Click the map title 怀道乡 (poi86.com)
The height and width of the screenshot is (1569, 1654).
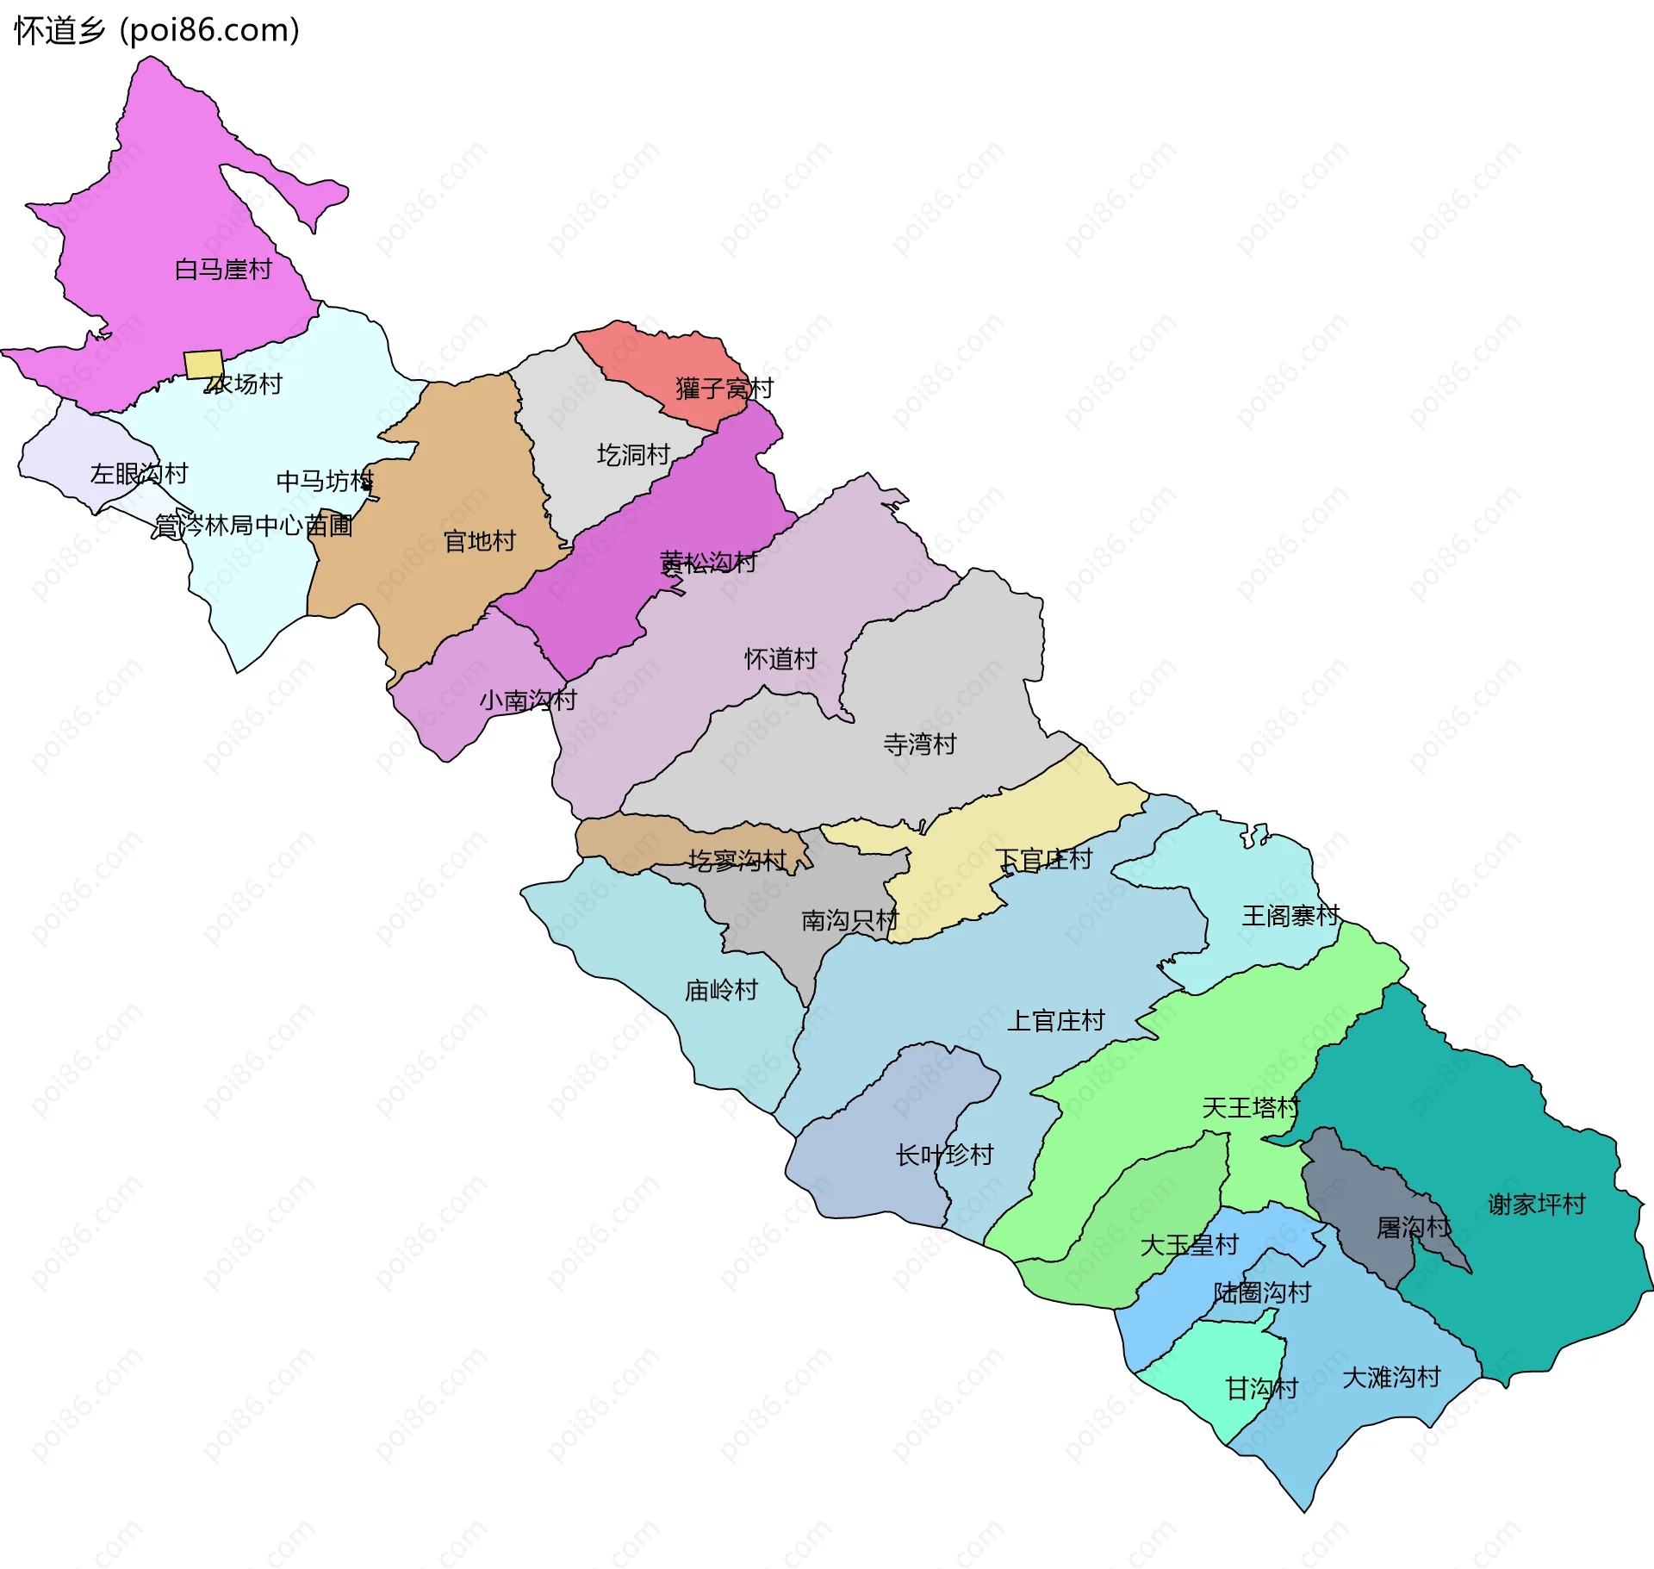coord(157,31)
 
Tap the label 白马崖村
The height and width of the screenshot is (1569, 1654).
coord(223,270)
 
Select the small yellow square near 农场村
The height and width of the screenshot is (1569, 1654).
coord(204,364)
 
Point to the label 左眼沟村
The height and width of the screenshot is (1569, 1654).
coord(139,474)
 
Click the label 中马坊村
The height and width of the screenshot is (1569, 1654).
coord(325,481)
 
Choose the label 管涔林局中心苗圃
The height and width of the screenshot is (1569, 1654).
coord(253,525)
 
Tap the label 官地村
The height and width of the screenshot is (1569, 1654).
coord(479,541)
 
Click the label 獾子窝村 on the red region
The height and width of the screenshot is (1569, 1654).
coord(724,389)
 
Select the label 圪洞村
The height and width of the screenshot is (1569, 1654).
coord(634,455)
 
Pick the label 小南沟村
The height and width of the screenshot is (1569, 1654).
coord(527,700)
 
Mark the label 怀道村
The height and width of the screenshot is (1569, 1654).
coord(780,659)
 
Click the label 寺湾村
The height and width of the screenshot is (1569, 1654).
coord(920,744)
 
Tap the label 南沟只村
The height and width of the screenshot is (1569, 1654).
coord(850,921)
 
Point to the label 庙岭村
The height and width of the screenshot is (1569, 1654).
coord(721,991)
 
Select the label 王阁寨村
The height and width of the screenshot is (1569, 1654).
coord(1290,916)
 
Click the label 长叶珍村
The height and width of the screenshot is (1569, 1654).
coord(945,1155)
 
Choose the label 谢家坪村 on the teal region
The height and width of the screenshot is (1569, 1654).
coord(1537,1205)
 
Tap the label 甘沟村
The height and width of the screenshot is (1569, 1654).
coord(1262,1389)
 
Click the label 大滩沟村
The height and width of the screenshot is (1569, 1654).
coord(1391,1378)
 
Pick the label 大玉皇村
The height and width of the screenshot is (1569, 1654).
coord(1189,1245)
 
